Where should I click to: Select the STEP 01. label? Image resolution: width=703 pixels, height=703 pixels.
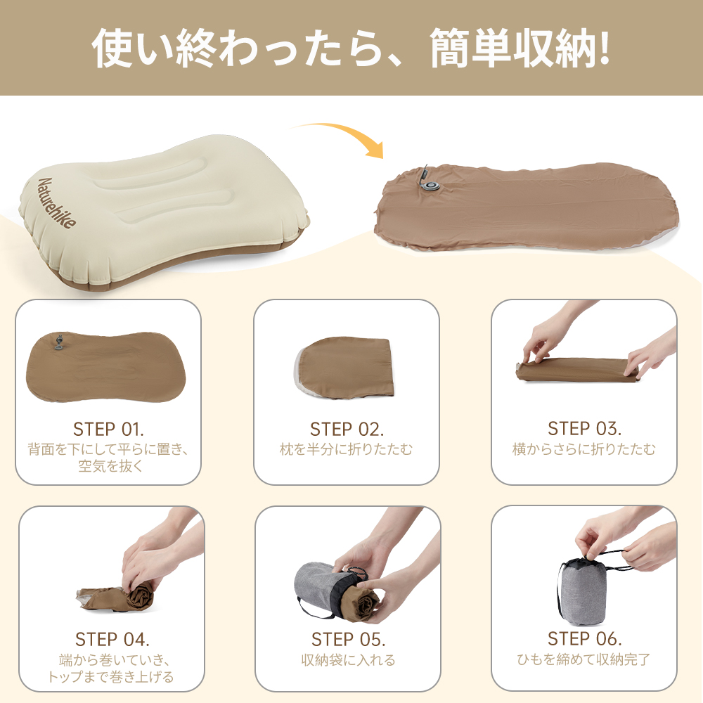[x=108, y=429]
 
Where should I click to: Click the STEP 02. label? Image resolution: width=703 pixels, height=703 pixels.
[x=347, y=429]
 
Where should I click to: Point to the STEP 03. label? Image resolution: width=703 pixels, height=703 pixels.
[x=584, y=429]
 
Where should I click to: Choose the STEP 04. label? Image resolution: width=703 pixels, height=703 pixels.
[x=112, y=640]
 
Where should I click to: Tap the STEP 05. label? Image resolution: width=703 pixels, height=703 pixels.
[x=348, y=640]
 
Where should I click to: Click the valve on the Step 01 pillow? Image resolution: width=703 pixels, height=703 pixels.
[x=59, y=342]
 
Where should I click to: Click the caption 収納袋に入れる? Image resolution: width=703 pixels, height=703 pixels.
[x=348, y=660]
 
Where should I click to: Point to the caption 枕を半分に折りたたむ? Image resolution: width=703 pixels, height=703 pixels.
[x=347, y=449]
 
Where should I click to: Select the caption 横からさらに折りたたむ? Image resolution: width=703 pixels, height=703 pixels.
[x=584, y=449]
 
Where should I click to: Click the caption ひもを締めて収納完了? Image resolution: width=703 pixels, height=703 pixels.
[x=584, y=659]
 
